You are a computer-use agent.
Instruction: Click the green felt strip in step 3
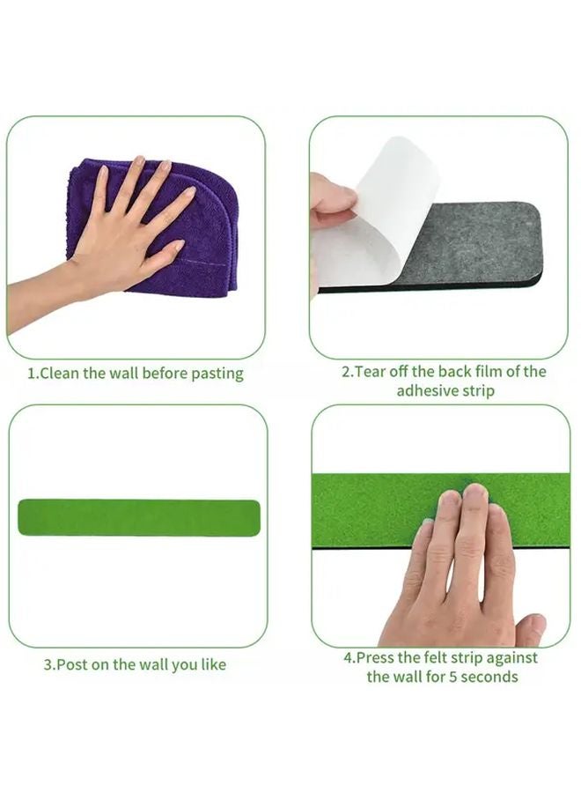pyautogui.click(x=138, y=517)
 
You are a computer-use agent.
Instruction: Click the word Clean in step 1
pyautogui.click(x=61, y=373)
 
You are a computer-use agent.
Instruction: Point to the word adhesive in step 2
pyautogui.click(x=428, y=390)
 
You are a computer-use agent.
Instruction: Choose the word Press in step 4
pyautogui.click(x=377, y=657)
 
